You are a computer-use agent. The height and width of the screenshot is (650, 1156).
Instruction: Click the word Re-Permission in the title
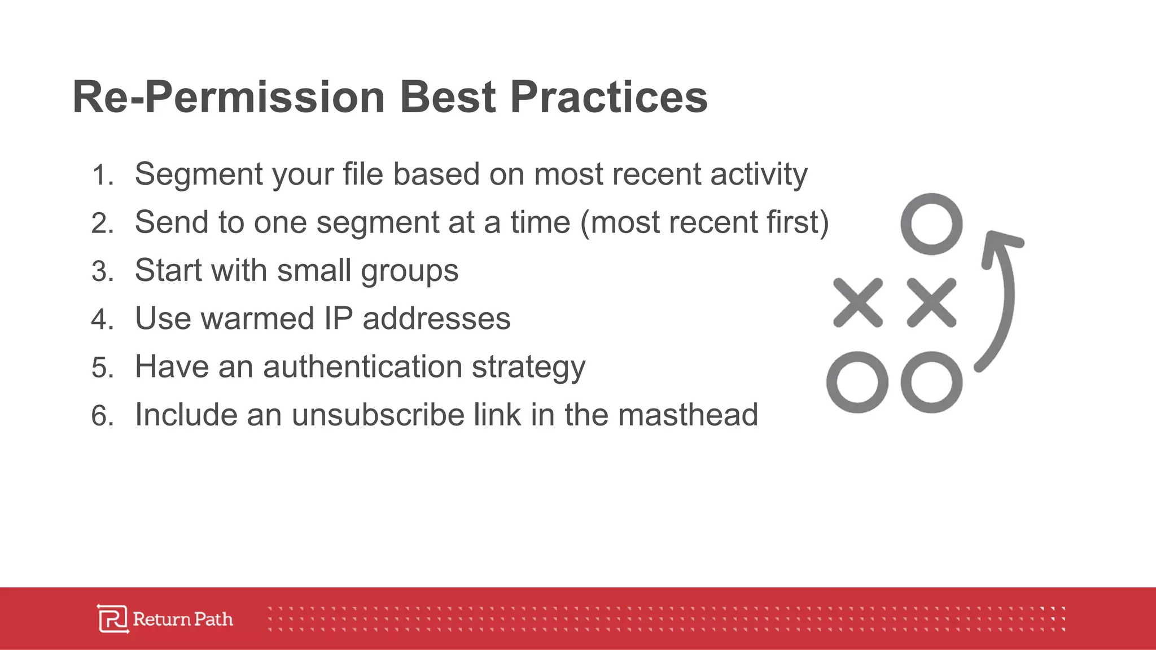pos(229,97)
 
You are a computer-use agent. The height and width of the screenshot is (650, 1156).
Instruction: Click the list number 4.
pos(102,320)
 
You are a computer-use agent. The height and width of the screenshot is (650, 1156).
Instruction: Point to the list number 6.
pos(102,416)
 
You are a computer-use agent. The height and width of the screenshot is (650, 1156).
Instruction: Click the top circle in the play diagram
pos(931,224)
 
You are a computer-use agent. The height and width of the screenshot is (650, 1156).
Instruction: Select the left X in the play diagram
pos(858,303)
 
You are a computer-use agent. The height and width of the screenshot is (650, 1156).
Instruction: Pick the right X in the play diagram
pos(931,303)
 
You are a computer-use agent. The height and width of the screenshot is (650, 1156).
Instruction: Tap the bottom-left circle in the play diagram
pos(857,382)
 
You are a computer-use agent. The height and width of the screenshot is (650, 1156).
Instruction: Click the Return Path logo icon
pos(113,619)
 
